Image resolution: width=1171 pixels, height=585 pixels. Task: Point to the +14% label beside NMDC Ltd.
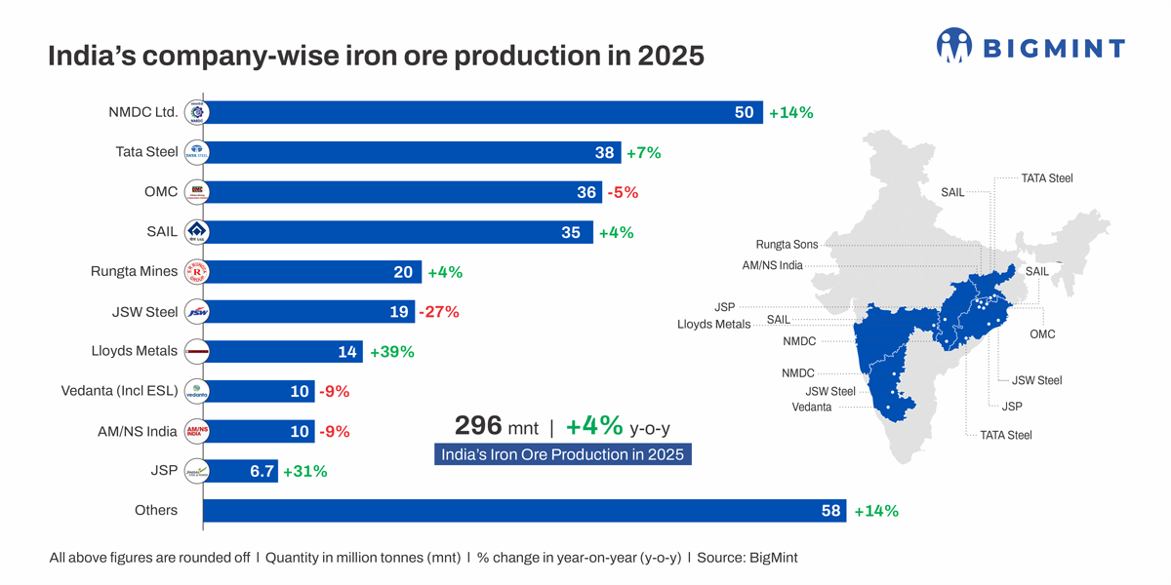pyautogui.click(x=790, y=112)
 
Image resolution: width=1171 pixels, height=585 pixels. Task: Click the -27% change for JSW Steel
pyautogui.click(x=438, y=312)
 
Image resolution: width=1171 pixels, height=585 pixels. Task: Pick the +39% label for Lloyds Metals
pyautogui.click(x=391, y=352)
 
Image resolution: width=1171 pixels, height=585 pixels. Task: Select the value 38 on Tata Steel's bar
pyautogui.click(x=604, y=152)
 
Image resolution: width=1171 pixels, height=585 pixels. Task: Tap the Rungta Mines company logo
pyautogui.click(x=197, y=272)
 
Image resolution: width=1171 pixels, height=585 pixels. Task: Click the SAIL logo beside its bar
pyautogui.click(x=197, y=232)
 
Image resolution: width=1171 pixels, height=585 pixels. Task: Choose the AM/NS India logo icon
pyautogui.click(x=197, y=431)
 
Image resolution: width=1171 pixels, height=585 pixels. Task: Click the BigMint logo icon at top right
pyautogui.click(x=954, y=46)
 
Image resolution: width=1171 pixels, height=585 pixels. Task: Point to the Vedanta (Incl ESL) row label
pyautogui.click(x=119, y=391)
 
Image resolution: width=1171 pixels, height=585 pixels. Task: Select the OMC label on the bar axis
pyautogui.click(x=161, y=192)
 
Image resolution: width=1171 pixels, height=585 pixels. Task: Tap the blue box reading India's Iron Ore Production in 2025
pyautogui.click(x=562, y=454)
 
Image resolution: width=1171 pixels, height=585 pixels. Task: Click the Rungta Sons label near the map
pyautogui.click(x=787, y=245)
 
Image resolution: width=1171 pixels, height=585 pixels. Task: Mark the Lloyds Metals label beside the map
pyautogui.click(x=713, y=324)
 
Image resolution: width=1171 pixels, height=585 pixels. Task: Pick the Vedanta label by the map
pyautogui.click(x=812, y=407)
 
